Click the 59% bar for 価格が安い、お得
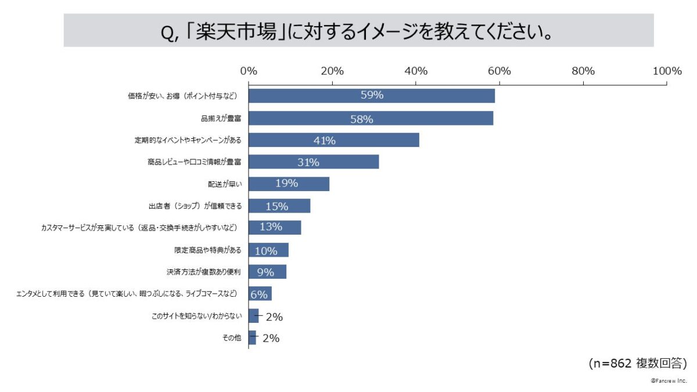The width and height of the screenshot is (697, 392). [x=372, y=96]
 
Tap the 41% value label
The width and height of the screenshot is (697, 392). [x=324, y=140]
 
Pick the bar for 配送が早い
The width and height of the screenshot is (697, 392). [x=289, y=184]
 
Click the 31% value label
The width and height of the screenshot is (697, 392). [x=308, y=163]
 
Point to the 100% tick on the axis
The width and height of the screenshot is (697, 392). [x=666, y=71]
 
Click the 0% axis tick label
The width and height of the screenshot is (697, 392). [x=249, y=71]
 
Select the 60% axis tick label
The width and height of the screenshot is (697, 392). [x=499, y=71]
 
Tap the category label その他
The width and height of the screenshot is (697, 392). [x=232, y=338]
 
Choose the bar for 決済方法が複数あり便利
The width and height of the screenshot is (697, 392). [x=267, y=272]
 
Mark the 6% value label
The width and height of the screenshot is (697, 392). [x=259, y=294]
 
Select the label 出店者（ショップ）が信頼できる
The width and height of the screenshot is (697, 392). [x=195, y=206]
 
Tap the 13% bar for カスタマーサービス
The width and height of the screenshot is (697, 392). [x=275, y=227]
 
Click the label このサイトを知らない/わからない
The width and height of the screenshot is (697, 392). [x=196, y=317]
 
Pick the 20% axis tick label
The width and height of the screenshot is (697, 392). [x=332, y=71]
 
